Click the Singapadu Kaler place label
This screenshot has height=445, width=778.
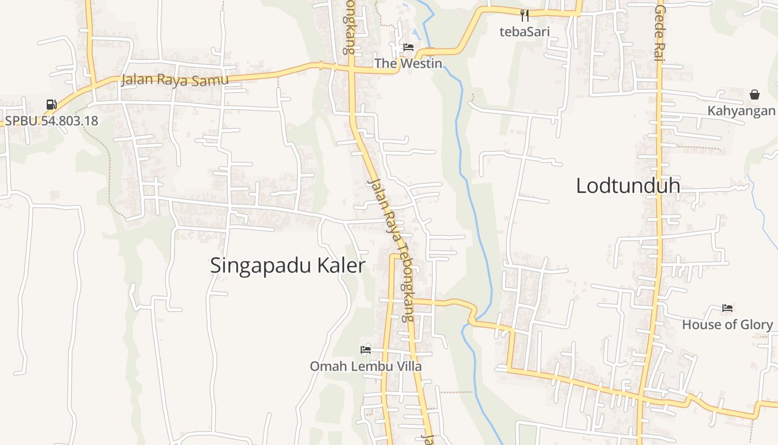287,266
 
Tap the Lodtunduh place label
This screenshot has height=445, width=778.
628,185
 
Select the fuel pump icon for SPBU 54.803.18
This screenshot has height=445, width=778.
51,104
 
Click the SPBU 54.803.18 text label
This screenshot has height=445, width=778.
51,120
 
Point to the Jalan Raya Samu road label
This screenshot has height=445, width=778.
174,80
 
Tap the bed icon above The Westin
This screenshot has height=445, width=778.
408,47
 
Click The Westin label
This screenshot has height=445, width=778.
408,63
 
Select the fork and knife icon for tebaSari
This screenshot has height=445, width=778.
525,15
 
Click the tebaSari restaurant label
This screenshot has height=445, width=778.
524,31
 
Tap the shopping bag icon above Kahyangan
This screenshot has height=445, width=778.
754,95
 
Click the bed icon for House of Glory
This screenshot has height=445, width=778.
727,308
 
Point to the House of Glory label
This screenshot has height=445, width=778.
727,324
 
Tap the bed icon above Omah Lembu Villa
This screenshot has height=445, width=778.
365,350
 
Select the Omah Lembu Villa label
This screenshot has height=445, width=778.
365,366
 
